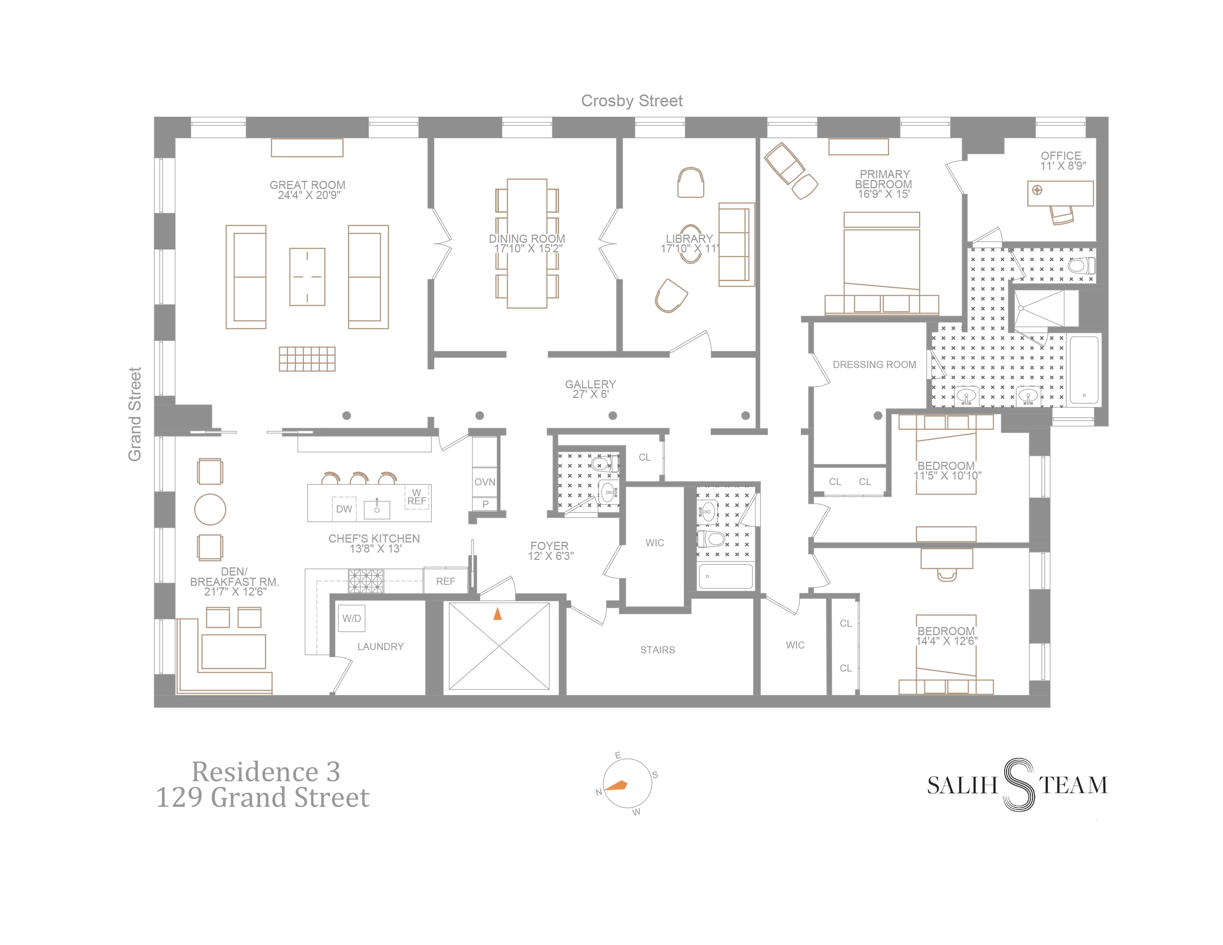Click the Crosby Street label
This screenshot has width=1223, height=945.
[x=632, y=101]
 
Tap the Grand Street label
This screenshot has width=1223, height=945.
[x=135, y=414]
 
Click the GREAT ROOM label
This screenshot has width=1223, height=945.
[x=308, y=185]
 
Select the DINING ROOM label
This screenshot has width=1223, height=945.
[x=527, y=239]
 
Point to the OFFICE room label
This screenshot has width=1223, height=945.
[x=1061, y=156]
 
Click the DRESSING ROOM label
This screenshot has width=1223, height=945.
[x=874, y=364]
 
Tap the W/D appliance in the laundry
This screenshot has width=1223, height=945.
[x=352, y=618]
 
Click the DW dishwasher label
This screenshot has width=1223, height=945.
[x=344, y=509]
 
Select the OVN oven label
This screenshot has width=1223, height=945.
[x=485, y=481]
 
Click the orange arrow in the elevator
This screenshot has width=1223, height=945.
[x=497, y=614]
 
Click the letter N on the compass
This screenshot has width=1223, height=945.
[x=599, y=792]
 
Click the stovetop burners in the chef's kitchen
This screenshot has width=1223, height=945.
[x=366, y=581]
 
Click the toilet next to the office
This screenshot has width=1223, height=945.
[x=1082, y=265]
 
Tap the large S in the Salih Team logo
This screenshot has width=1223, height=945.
[x=1018, y=785]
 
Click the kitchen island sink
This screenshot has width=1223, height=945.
[x=377, y=508]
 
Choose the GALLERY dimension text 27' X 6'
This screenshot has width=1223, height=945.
[x=590, y=394]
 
